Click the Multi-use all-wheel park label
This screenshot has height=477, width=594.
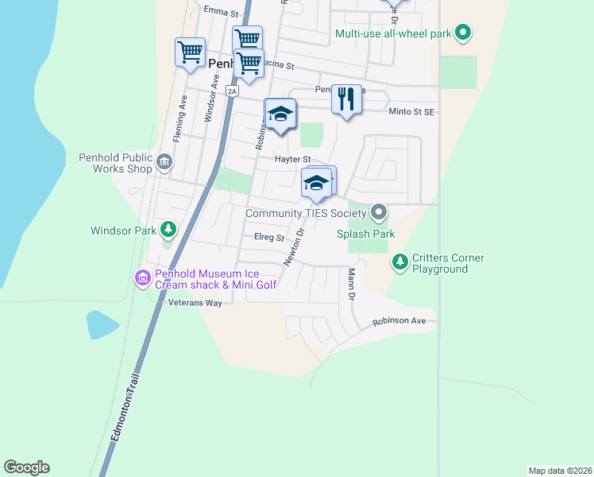(x=392, y=33)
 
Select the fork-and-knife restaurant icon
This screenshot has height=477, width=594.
(x=345, y=99)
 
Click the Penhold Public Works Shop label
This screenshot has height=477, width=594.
(x=115, y=163)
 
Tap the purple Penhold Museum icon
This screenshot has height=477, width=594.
(x=142, y=277)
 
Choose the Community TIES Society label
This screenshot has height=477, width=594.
(x=306, y=213)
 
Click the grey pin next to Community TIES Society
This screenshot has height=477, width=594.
(x=379, y=212)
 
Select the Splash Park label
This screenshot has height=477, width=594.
(x=365, y=234)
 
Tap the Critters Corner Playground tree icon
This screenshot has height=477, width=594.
(x=399, y=261)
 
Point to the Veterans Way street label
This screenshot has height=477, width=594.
(x=195, y=303)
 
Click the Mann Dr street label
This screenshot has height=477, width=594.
(x=350, y=285)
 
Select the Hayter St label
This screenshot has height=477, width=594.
(x=291, y=159)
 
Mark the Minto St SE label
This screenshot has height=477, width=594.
(x=411, y=112)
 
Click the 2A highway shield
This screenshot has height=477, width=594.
(x=232, y=91)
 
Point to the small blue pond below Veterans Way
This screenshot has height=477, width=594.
(x=102, y=324)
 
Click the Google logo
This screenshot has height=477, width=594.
(x=27, y=467)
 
